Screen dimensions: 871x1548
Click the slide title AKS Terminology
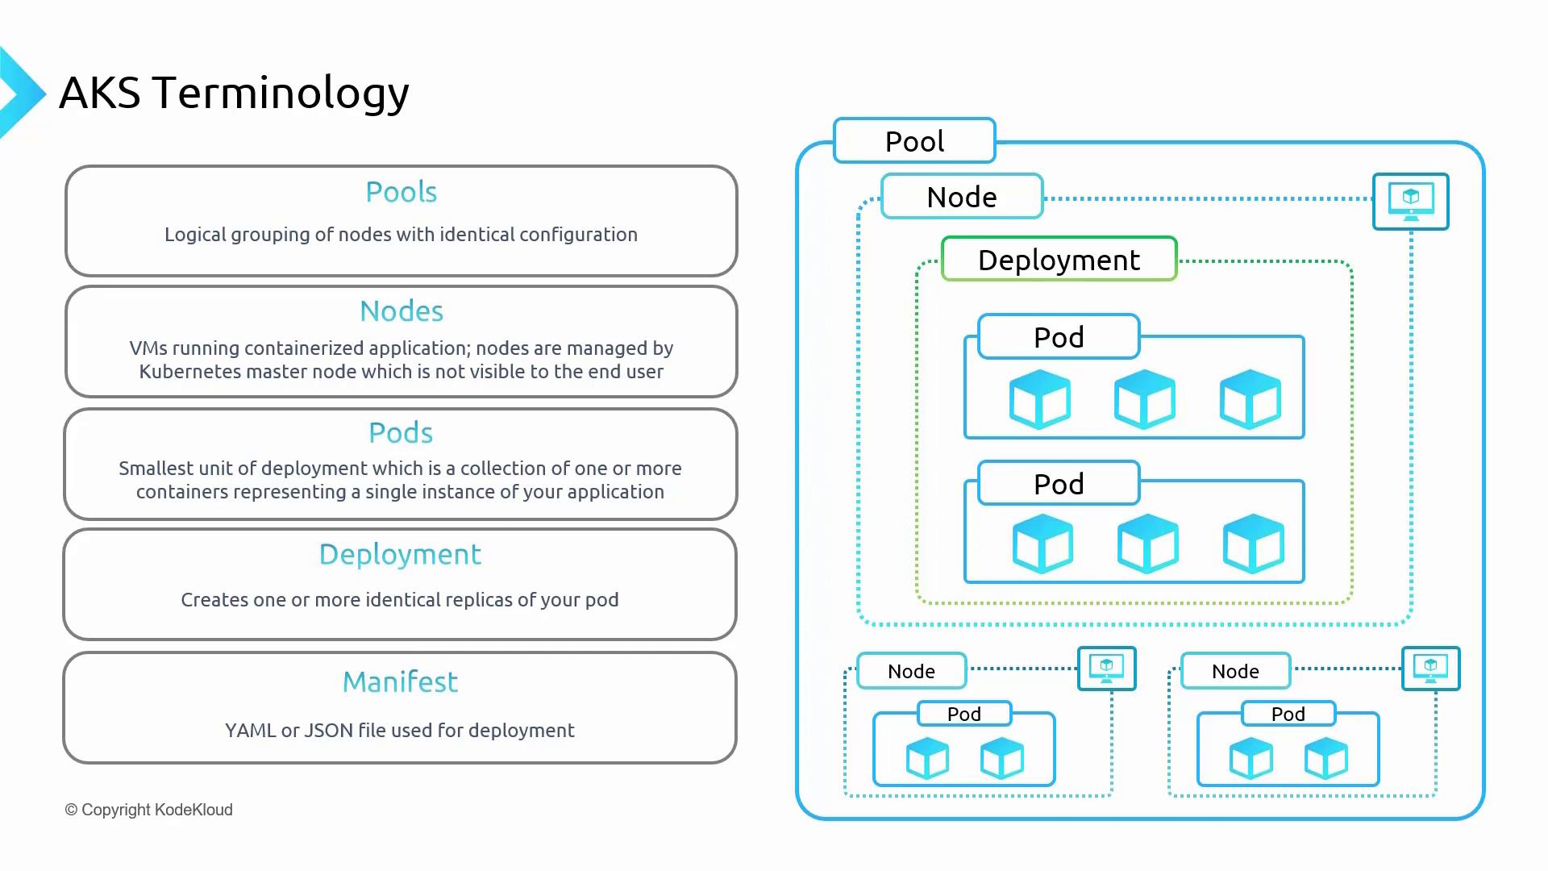click(x=234, y=93)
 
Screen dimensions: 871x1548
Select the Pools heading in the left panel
click(x=401, y=192)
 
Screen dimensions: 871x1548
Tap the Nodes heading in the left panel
click(x=401, y=311)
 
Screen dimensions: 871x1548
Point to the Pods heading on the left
click(x=401, y=433)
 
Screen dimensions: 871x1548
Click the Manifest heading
click(x=400, y=682)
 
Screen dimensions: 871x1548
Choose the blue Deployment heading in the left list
click(x=400, y=555)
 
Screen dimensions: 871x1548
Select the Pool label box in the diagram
click(x=914, y=141)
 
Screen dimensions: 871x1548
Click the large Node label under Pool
click(x=962, y=197)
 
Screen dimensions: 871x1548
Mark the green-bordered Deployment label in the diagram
click(x=1059, y=260)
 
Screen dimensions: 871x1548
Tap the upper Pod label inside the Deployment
click(x=1059, y=337)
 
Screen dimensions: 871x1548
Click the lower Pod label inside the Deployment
click(x=1059, y=484)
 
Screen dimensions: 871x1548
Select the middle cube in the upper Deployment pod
click(x=1145, y=399)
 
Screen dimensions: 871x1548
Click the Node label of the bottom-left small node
click(x=911, y=671)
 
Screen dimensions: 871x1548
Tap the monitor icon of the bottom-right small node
click(x=1430, y=669)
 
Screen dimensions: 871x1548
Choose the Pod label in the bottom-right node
click(x=1288, y=714)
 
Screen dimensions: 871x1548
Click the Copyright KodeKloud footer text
click(x=149, y=810)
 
